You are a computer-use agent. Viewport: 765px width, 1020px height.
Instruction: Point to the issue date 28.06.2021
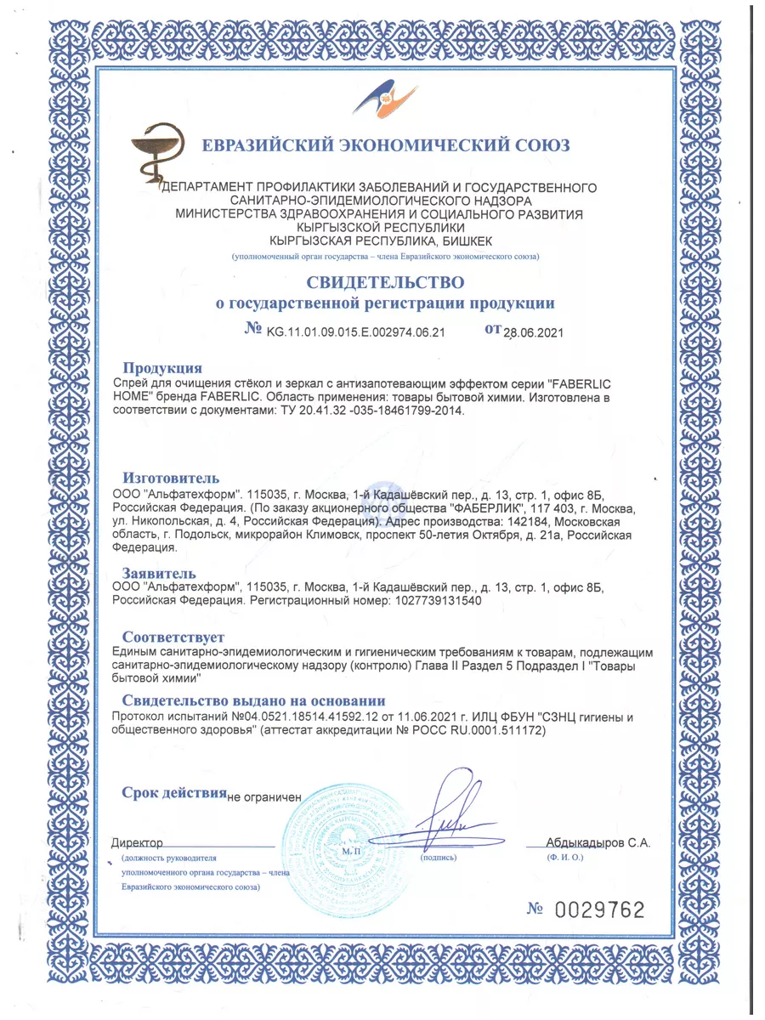pos(534,332)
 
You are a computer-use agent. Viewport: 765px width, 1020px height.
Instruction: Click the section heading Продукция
pos(162,368)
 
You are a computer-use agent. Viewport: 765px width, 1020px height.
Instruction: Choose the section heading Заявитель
pos(159,573)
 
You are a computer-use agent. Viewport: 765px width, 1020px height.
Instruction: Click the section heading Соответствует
pos(173,637)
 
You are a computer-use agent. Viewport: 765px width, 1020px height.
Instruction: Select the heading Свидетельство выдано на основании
pos(253,701)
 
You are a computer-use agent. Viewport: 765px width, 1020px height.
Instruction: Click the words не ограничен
pos(265,797)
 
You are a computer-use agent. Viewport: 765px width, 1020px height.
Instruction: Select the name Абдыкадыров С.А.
pos(598,843)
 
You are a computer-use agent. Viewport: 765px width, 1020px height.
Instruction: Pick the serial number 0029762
pos(599,909)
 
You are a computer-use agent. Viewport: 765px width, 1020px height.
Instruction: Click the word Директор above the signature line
pos(137,843)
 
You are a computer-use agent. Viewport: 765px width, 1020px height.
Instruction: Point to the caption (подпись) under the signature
pos(439,858)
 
